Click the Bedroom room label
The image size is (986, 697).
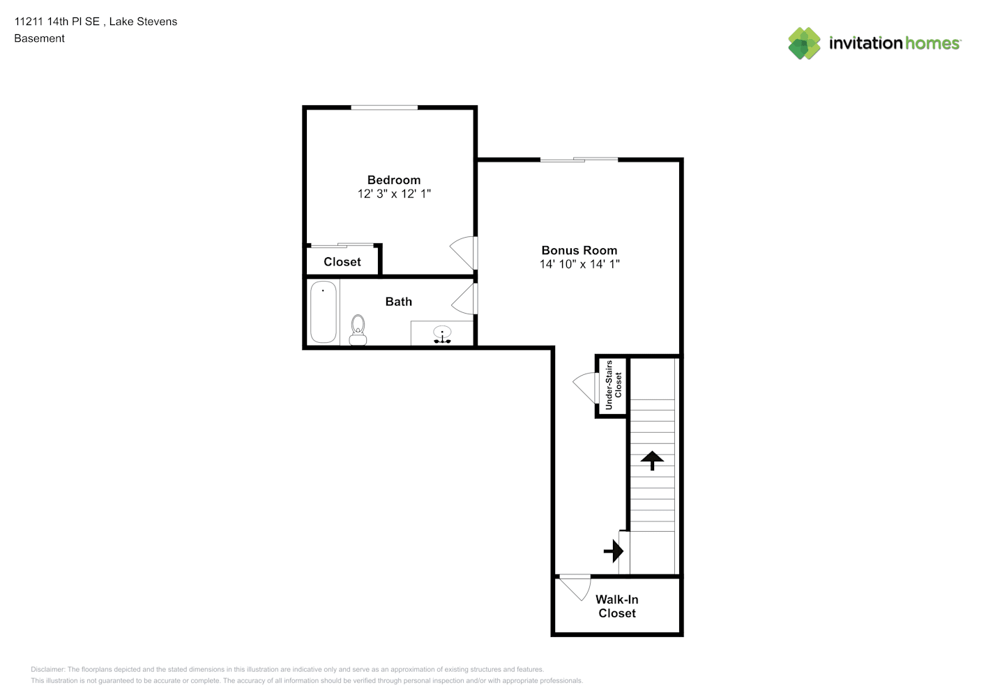tap(394, 180)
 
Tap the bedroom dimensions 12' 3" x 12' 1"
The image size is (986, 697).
tap(394, 194)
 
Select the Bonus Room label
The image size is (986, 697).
tap(579, 250)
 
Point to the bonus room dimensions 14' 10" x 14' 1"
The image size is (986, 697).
tap(579, 264)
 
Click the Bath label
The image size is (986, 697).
tap(399, 301)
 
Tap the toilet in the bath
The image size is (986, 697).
tap(358, 330)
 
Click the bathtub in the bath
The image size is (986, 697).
tap(324, 312)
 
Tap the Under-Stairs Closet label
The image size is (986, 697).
tap(614, 385)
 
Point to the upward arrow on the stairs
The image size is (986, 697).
tap(652, 460)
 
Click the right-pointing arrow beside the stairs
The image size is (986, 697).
tap(614, 551)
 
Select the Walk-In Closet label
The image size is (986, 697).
tap(616, 606)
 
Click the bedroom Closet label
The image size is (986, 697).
tap(342, 262)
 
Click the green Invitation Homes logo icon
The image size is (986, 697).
tap(804, 43)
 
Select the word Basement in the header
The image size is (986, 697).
tap(39, 38)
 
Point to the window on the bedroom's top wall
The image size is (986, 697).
tap(384, 107)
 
